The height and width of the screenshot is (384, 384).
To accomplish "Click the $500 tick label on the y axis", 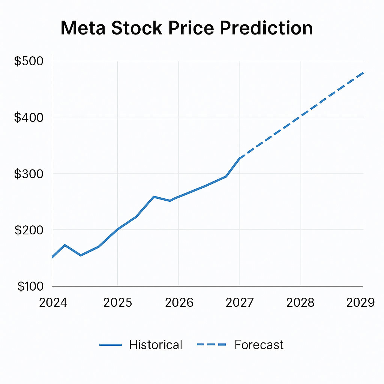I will coord(28,61).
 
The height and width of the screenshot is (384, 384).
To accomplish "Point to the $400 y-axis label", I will coord(28,117).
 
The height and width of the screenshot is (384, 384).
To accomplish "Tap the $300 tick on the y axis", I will coord(28,174).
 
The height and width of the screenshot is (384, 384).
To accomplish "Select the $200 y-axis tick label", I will coord(28,230).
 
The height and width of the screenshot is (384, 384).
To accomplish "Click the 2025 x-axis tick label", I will coord(117,303).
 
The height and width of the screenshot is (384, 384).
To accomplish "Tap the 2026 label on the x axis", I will coord(179,303).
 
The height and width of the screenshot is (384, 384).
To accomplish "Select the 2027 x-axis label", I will coord(240,303).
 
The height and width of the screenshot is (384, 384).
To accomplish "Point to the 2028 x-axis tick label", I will coord(300,303).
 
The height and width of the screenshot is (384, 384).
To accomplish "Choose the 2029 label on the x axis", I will coord(360,303).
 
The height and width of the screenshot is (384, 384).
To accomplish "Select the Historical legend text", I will coord(156,345).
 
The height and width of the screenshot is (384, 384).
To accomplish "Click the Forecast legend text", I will coord(259,345).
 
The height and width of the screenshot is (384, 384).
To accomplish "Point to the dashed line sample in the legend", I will coord(211,345).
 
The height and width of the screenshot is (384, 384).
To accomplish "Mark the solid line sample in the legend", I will coord(111,345).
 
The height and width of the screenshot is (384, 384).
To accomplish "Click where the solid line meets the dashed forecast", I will coord(240,158).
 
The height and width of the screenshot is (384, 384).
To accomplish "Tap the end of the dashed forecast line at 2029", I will coord(363,73).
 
